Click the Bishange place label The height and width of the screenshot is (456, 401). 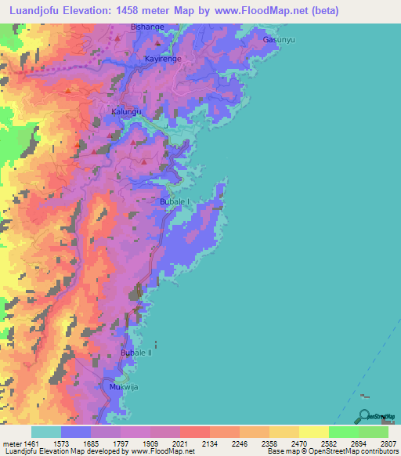(147, 27)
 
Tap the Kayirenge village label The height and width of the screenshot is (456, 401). (163, 59)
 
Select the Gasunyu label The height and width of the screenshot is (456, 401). (279, 39)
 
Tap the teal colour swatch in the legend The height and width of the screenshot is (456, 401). (45, 432)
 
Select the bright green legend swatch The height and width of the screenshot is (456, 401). (343, 432)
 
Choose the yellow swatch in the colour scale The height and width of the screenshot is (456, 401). (313, 432)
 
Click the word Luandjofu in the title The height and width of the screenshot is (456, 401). (35, 10)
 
